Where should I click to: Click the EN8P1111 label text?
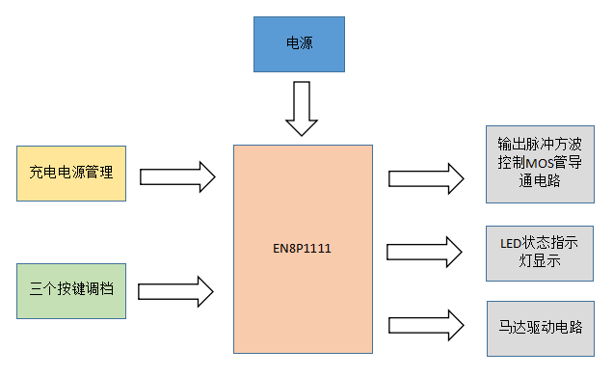[x=303, y=248]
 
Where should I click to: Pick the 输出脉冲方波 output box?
[x=539, y=163]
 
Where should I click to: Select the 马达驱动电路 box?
[x=539, y=327]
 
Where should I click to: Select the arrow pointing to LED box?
[x=425, y=251]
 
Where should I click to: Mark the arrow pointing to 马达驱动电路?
[x=425, y=324]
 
